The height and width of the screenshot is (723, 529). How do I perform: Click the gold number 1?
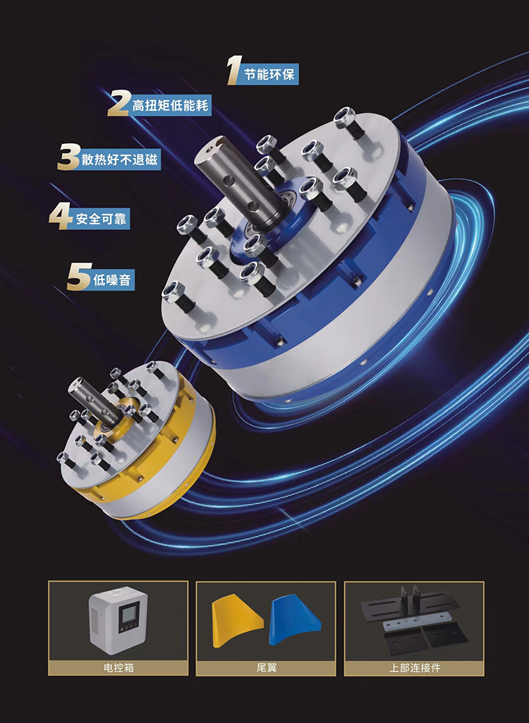pos(235,71)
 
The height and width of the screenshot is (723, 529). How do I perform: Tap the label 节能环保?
pos(269,74)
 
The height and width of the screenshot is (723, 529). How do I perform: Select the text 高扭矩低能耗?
pos(170,106)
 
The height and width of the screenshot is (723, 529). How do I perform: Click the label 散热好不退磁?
pos(119,159)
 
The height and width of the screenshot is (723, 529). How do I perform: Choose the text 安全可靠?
pos(101,218)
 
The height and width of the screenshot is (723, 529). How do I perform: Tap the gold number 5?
pos(79,277)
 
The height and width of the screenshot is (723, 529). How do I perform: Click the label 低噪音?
pos(112,280)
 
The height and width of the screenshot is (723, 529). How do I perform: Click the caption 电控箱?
pos(118,667)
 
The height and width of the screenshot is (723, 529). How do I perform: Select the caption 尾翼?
pos(266,667)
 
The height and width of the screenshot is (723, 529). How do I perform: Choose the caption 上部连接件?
pos(415,667)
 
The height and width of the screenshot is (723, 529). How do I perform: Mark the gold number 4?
pos(61,216)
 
